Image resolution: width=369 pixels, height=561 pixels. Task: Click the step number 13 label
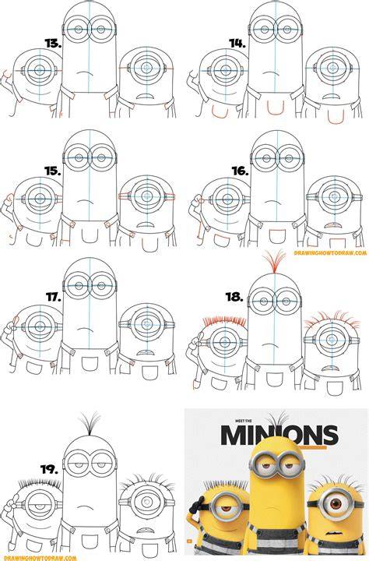click(53, 44)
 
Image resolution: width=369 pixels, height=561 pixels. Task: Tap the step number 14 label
click(237, 44)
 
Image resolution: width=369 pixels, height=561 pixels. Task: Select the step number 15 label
click(53, 171)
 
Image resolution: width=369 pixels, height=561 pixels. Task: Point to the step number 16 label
click(240, 171)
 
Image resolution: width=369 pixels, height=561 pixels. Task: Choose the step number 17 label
click(54, 297)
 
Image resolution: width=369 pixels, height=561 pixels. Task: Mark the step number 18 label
click(234, 297)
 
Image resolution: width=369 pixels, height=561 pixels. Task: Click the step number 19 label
click(49, 469)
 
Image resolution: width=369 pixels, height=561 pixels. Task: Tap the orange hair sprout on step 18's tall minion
click(274, 262)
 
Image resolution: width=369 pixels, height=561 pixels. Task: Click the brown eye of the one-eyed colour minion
click(336, 504)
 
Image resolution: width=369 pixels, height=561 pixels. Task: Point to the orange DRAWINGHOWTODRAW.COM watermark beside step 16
click(330, 253)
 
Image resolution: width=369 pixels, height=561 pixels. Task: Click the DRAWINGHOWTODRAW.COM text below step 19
click(39, 558)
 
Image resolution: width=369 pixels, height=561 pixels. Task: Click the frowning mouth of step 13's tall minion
click(84, 72)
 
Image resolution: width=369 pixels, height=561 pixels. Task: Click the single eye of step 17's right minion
click(146, 324)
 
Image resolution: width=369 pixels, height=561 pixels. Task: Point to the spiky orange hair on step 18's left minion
click(224, 322)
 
